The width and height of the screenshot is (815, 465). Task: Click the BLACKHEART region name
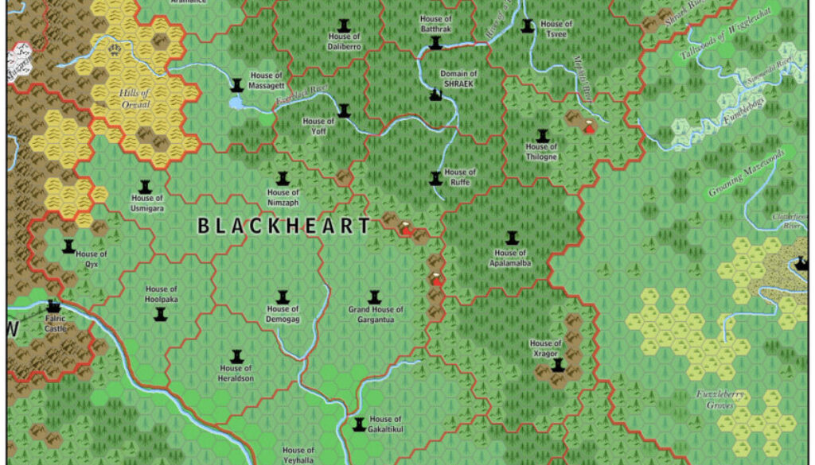pos(284,227)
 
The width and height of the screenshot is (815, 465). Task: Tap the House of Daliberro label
pos(344,41)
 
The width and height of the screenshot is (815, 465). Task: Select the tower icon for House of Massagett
pos(236,84)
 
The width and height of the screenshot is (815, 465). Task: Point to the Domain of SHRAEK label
pos(458,79)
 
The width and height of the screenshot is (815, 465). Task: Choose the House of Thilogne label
pos(542,152)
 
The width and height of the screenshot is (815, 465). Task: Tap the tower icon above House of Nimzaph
pos(283,179)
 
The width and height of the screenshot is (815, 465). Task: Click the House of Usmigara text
pos(147,203)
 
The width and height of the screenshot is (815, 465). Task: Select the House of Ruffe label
pos(460,176)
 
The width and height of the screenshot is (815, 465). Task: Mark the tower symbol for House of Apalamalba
pos(512,238)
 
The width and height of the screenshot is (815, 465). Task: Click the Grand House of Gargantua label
pos(376,314)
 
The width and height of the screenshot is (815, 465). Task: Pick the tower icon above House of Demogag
pos(282,296)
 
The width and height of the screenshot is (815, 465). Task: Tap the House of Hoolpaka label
pos(162,294)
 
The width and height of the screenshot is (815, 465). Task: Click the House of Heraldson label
pos(236,374)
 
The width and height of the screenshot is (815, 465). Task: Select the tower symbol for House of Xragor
pos(558,365)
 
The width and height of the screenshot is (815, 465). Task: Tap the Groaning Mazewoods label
pos(747,172)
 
